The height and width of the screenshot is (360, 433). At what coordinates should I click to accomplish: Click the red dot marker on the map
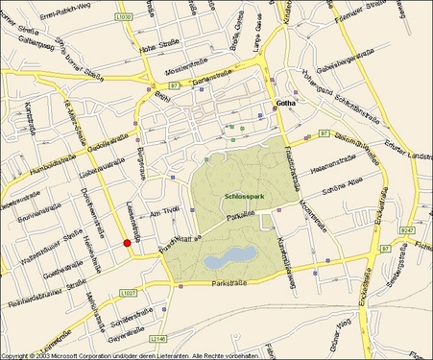click(x=126, y=244)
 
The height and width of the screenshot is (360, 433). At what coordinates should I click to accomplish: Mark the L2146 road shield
click(x=159, y=338)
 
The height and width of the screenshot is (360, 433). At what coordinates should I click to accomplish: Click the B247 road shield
click(x=409, y=230)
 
